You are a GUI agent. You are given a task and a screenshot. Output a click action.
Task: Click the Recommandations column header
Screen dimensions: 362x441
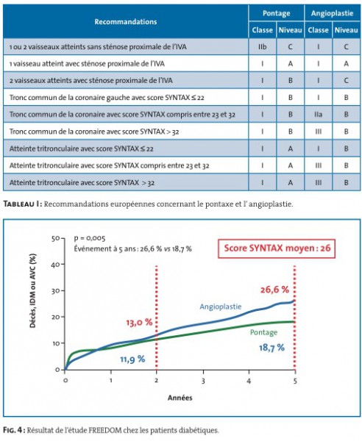(x=126, y=21)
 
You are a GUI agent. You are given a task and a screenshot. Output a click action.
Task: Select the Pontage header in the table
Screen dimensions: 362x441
(x=276, y=13)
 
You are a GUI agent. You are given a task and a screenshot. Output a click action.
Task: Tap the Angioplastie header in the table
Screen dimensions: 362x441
(x=332, y=13)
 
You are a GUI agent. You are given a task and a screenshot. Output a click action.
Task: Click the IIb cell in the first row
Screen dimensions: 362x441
(x=262, y=47)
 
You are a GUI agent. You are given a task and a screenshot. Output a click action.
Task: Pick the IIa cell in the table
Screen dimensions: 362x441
(x=318, y=115)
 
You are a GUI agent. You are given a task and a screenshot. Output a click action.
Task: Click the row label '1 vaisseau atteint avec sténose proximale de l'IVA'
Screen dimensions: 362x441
(x=87, y=64)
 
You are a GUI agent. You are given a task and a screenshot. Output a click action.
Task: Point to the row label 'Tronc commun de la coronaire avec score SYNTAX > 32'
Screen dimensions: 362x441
(x=94, y=132)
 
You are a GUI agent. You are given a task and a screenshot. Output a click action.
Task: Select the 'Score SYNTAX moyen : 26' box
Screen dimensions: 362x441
(x=277, y=248)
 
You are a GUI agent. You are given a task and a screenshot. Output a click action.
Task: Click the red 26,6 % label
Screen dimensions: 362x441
(x=274, y=290)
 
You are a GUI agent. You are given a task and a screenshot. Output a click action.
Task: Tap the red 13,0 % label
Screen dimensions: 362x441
(x=139, y=323)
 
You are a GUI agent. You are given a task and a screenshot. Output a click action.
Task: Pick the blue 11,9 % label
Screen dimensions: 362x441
(x=132, y=359)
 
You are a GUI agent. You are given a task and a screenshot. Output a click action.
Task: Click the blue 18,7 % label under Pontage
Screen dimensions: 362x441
(x=271, y=348)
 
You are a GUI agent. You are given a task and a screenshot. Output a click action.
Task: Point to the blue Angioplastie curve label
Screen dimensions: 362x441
(x=221, y=306)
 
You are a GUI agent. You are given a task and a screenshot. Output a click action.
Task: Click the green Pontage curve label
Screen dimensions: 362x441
(x=263, y=332)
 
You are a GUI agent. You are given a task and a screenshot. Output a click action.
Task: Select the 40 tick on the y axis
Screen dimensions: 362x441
(x=56, y=265)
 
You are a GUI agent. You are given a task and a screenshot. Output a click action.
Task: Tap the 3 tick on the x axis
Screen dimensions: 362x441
(x=203, y=381)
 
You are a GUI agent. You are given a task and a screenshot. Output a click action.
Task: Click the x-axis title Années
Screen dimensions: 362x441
(x=180, y=398)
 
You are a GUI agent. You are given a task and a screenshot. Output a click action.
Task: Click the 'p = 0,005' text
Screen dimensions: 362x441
(x=90, y=238)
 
